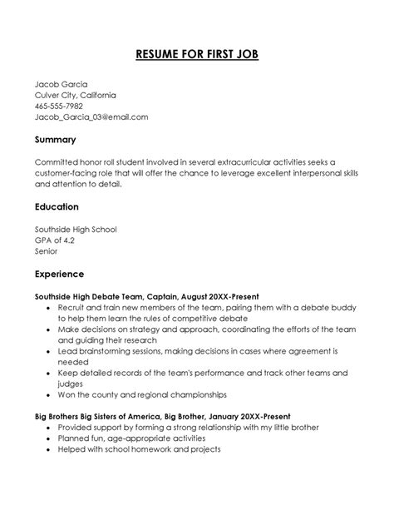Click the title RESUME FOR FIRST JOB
(197, 56)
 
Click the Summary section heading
(55, 139)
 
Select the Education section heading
(57, 206)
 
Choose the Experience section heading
(60, 273)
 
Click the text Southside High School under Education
(76, 229)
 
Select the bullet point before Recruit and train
(49, 307)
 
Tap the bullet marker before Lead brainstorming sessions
(49, 351)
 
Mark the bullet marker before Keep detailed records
(49, 373)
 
